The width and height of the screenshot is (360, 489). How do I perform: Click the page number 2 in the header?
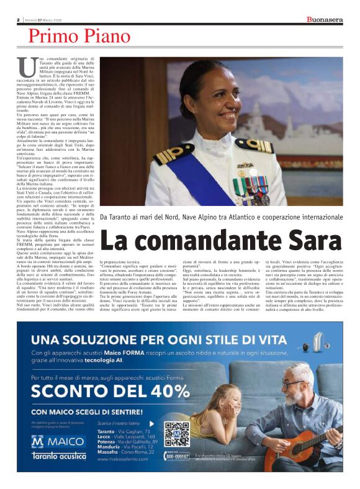[x=18, y=20]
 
